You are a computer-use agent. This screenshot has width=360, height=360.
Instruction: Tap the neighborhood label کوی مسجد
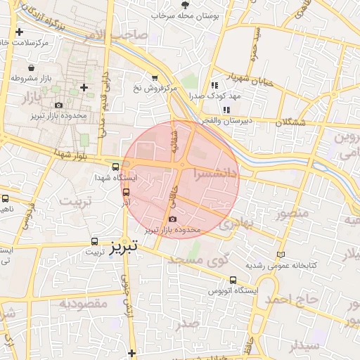(200, 259)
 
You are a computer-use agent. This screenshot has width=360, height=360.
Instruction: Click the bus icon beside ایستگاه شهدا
(115, 167)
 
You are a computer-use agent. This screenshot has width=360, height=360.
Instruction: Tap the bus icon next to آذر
(127, 191)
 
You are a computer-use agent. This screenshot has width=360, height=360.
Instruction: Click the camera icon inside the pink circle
(173, 219)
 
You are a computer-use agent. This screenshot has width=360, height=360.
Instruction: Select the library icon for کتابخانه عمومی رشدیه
(282, 254)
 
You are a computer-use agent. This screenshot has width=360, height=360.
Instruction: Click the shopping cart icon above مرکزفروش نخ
(154, 78)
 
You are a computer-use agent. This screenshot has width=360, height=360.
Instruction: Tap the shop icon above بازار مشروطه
(32, 67)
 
